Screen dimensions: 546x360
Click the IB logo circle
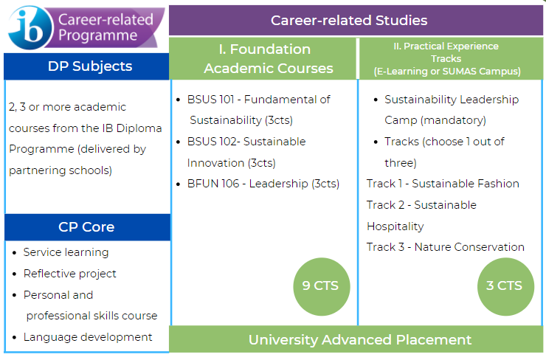coord(31,27)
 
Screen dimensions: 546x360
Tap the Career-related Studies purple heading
coord(349,20)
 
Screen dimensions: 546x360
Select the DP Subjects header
coord(90,66)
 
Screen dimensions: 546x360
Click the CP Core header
coord(86,227)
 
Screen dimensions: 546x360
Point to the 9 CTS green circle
coord(322,286)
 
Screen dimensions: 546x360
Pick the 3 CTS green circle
coord(505,286)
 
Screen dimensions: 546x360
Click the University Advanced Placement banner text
coord(360,340)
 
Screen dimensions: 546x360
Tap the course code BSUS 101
coord(211,100)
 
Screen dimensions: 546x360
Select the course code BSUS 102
coord(212,142)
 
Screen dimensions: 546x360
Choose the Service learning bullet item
coord(66,252)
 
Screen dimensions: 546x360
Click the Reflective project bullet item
coord(69,274)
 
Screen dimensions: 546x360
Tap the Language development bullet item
coord(88,337)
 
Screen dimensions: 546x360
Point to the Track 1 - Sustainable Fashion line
coord(443,184)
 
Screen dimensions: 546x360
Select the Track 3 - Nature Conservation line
coord(446,247)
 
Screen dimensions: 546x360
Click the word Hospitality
coord(395,226)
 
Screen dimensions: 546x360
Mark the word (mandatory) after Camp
coord(453,120)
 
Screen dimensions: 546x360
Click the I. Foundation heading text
coord(265,49)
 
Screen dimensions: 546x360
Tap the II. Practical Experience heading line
coord(446,46)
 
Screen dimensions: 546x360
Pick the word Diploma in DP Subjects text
coord(139,128)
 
